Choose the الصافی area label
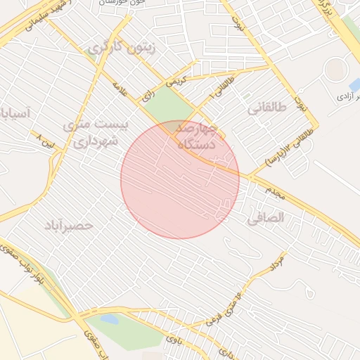click(x=266, y=219)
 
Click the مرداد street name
click(x=276, y=263)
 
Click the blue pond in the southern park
click(x=110, y=319)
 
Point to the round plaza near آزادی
click(x=335, y=69)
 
